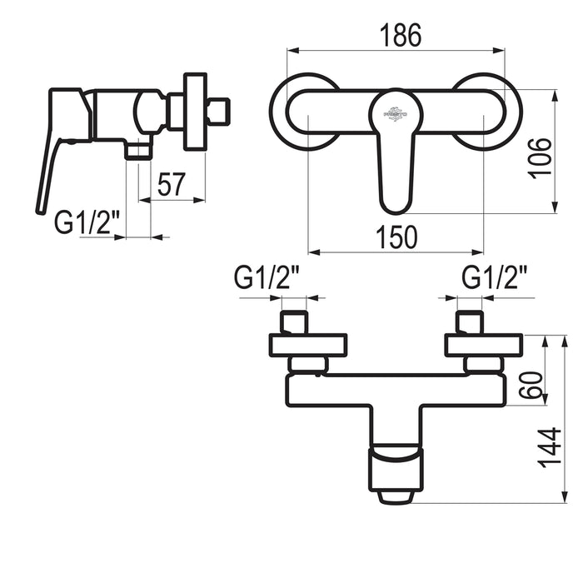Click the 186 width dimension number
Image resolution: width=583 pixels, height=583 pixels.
pos(401,35)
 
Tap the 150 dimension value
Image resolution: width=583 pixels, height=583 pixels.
pos(396,237)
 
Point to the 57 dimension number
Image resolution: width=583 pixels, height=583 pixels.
pos(171,184)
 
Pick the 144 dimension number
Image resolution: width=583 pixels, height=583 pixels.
pos(549,448)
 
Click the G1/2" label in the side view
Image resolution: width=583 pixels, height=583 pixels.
pos(87,222)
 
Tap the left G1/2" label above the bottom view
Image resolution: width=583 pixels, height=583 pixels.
pos(267,277)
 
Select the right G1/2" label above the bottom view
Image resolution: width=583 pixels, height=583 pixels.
pos(494,277)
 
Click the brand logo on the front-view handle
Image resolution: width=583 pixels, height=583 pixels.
pos(396,114)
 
